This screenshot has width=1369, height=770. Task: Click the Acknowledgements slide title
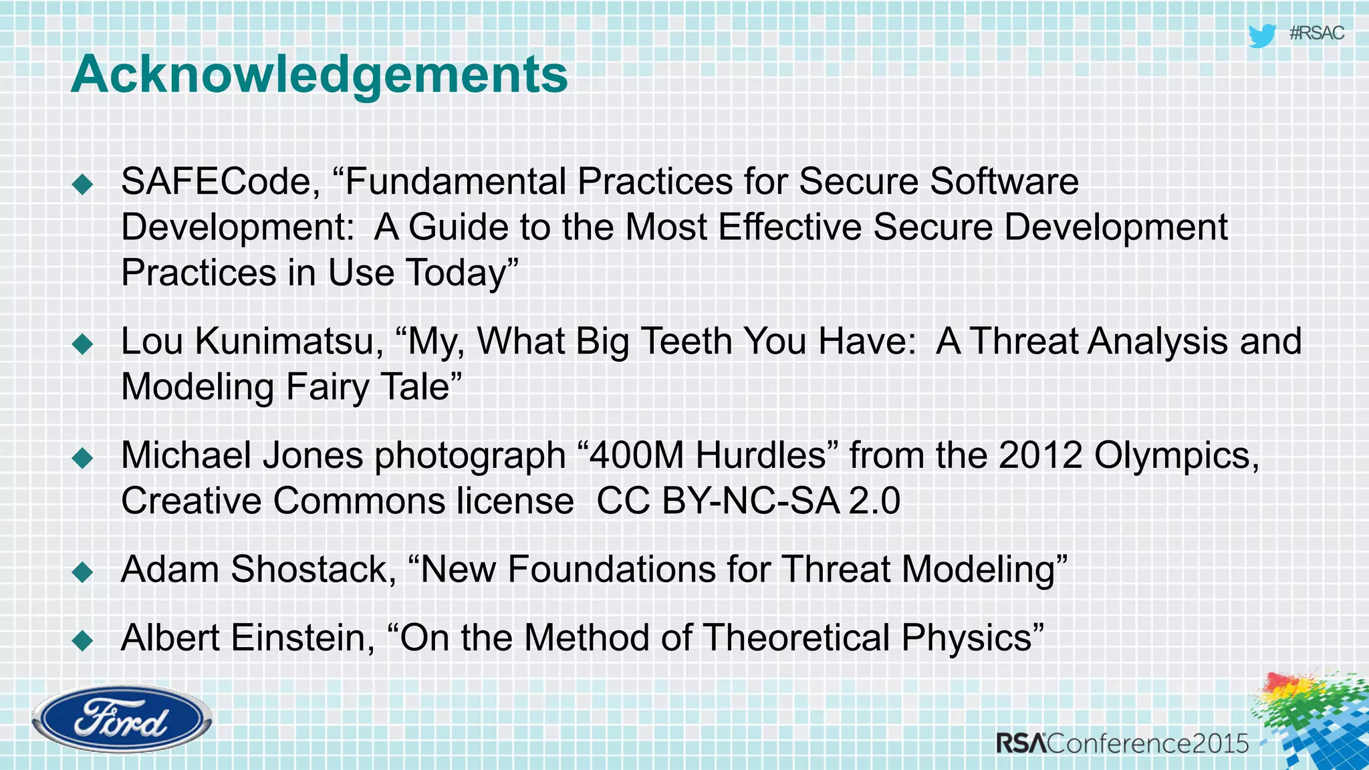coord(319,74)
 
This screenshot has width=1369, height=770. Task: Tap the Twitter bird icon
coord(1261,35)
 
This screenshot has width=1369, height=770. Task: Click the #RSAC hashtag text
coord(1316,33)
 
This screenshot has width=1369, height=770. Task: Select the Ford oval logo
coord(122,719)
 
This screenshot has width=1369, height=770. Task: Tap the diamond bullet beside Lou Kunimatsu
coord(83,344)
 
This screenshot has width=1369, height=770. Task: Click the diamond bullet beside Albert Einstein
coord(83,640)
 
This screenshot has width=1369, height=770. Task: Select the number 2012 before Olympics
coord(1040,456)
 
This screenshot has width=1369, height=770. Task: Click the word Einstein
coord(302,638)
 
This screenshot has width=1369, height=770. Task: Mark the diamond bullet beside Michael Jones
coord(83,458)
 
